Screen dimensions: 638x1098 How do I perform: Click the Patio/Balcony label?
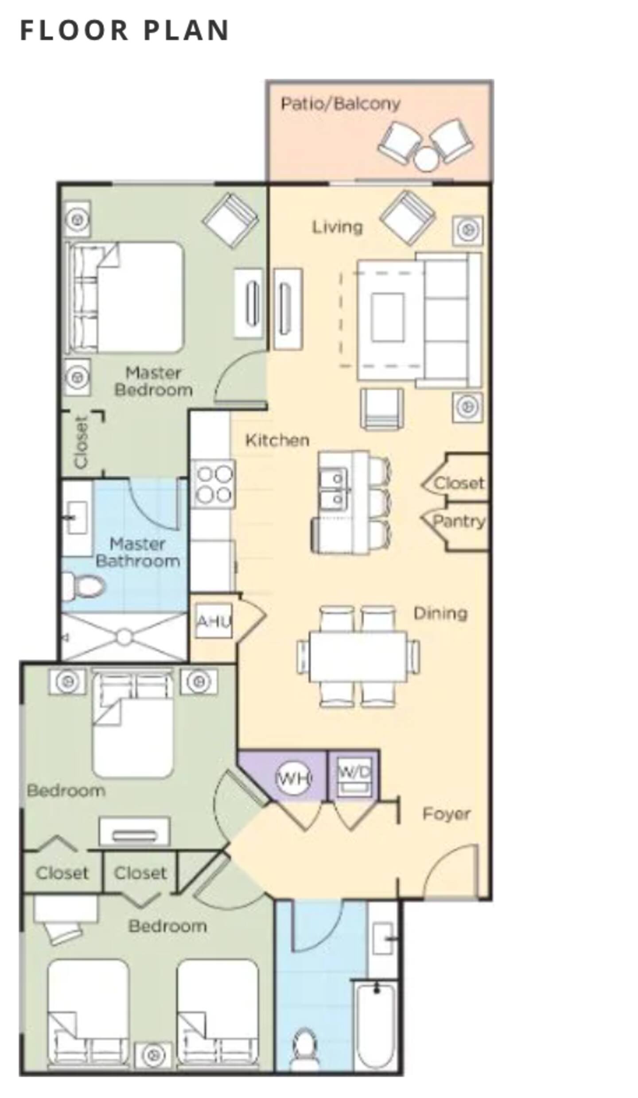click(340, 104)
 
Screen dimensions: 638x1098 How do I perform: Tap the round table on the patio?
click(425, 159)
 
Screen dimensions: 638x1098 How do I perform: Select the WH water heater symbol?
click(293, 777)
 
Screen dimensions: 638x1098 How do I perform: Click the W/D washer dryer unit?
click(353, 776)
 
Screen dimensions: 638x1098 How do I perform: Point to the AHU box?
click(214, 620)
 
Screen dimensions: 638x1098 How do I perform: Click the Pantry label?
click(459, 521)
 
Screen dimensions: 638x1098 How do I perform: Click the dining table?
click(358, 656)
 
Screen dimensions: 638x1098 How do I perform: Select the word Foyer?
click(446, 814)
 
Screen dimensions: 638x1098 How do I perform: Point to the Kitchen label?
click(277, 440)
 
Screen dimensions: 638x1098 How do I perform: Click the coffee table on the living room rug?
click(388, 317)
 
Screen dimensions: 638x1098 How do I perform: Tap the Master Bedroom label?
click(153, 381)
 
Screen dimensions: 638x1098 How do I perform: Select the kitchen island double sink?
click(334, 488)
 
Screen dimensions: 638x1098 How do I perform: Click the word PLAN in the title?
click(186, 31)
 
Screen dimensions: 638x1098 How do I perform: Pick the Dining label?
click(440, 613)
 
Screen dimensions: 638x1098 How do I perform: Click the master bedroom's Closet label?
click(82, 442)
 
